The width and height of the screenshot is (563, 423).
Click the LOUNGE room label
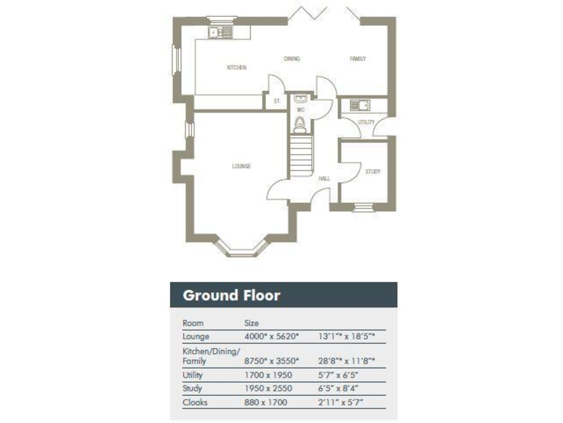point(241,166)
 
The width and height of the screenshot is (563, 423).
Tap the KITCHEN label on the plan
point(236,68)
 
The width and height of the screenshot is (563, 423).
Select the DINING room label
point(292,59)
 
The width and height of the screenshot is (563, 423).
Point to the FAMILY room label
point(357,59)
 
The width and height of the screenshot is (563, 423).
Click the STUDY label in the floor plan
point(372,171)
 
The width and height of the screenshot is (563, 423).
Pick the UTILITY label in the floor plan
point(366,122)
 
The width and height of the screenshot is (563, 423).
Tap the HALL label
point(324,178)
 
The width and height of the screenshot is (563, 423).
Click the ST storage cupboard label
point(276,101)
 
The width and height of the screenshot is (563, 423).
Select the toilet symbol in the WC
point(300,125)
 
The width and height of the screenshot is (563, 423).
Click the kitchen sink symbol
point(218,32)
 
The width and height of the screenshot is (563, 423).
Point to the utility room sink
point(360,105)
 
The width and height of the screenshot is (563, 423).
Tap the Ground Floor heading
point(231,295)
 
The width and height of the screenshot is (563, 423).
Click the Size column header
point(251,322)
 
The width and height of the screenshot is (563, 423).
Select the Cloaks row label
point(194,402)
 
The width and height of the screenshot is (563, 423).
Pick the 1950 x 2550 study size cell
point(267,388)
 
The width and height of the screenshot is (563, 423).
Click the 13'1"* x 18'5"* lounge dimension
point(348,336)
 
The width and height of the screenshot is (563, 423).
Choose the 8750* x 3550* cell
point(271,361)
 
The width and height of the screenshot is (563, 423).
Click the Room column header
point(193,322)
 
